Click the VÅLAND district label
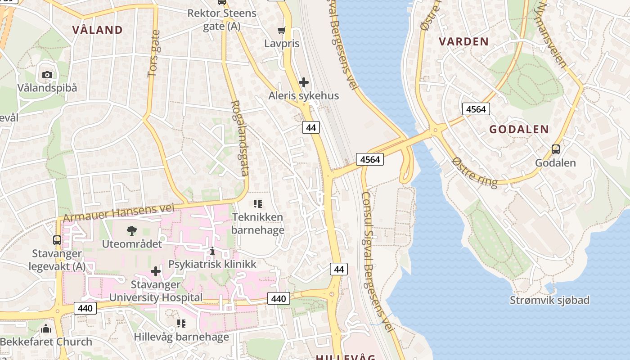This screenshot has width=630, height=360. (97, 30)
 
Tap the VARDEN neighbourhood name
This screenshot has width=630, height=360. (463, 42)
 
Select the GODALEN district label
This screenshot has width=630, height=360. (519, 130)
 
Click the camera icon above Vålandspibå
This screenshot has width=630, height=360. (47, 75)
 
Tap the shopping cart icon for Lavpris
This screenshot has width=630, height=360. (282, 31)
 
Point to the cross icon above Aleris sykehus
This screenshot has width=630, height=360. (304, 82)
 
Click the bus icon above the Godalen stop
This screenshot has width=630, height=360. (556, 149)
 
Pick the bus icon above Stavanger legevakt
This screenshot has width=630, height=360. (57, 240)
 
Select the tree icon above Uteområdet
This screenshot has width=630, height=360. (131, 231)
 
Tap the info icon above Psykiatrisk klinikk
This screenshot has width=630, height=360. (212, 251)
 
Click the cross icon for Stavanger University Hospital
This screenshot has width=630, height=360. (156, 271)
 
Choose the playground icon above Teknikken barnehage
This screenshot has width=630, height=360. (258, 204)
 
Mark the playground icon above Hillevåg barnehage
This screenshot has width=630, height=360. (181, 324)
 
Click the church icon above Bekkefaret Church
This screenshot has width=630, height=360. (46, 328)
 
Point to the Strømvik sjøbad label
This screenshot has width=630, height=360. (549, 300)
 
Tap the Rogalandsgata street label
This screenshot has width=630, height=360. (239, 138)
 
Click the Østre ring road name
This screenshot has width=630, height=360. (475, 172)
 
